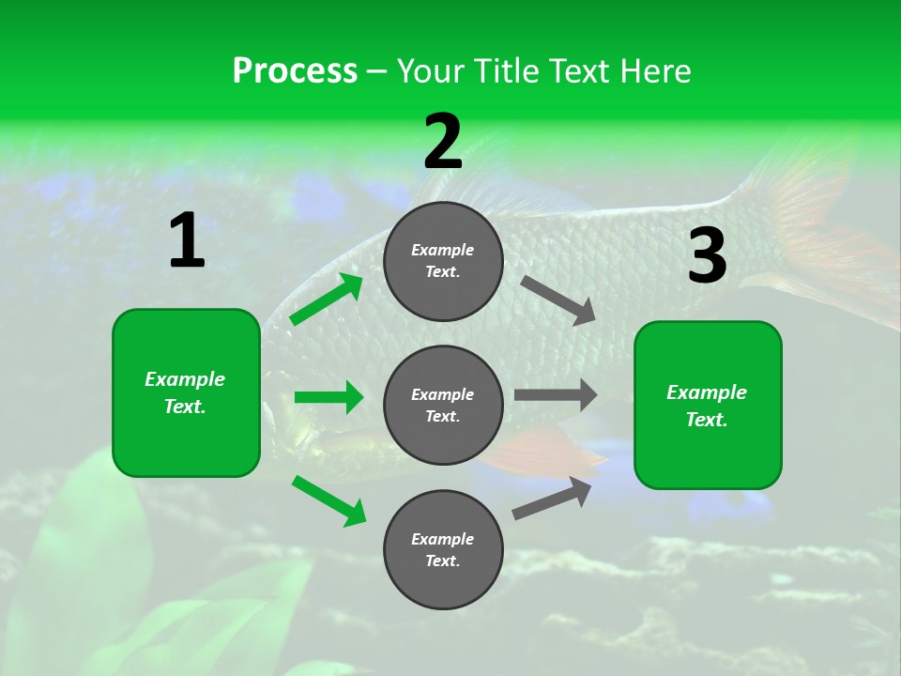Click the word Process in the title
pyautogui.click(x=295, y=71)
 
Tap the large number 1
pyautogui.click(x=187, y=241)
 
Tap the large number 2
pyautogui.click(x=443, y=142)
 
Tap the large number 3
pyautogui.click(x=707, y=256)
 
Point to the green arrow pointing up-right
pyautogui.click(x=327, y=300)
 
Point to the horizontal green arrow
pyautogui.click(x=328, y=397)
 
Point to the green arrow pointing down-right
pyautogui.click(x=328, y=499)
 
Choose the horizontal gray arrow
pyautogui.click(x=555, y=395)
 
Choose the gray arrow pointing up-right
pyautogui.click(x=553, y=498)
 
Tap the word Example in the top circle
pyautogui.click(x=442, y=251)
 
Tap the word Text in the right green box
pyautogui.click(x=706, y=420)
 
